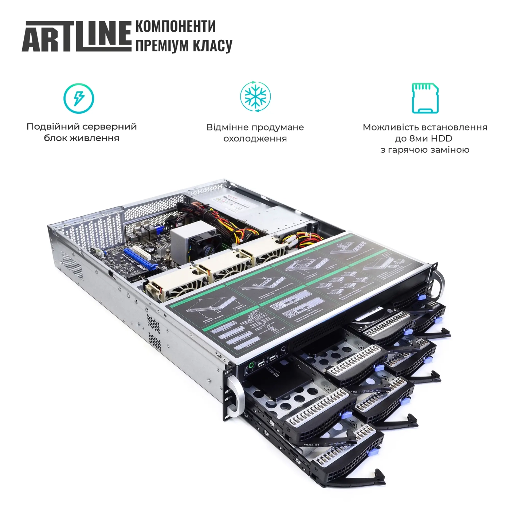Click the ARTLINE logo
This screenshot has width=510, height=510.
pos(76,36)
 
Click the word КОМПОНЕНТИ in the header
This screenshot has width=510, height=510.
pos(175,27)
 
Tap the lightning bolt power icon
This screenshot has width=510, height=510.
pos(79,98)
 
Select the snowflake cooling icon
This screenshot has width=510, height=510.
pos(255,97)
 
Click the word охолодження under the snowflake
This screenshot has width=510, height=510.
pos(255,139)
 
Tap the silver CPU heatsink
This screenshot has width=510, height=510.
pos(186,237)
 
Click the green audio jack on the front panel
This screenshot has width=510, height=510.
pos(251,365)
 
